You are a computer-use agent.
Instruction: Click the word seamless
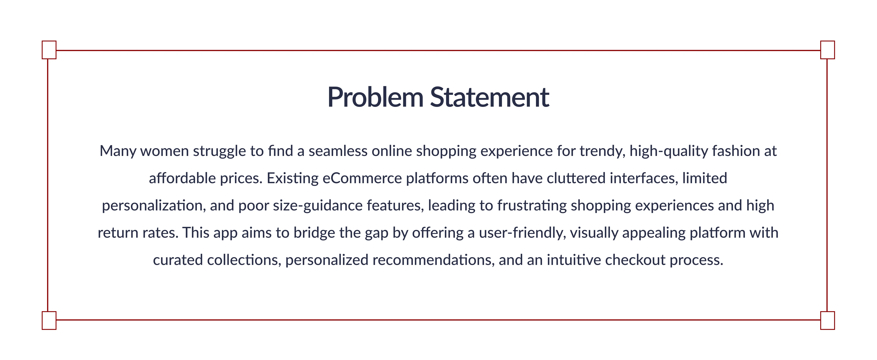(338, 151)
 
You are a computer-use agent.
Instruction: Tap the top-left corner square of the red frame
(49, 50)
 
